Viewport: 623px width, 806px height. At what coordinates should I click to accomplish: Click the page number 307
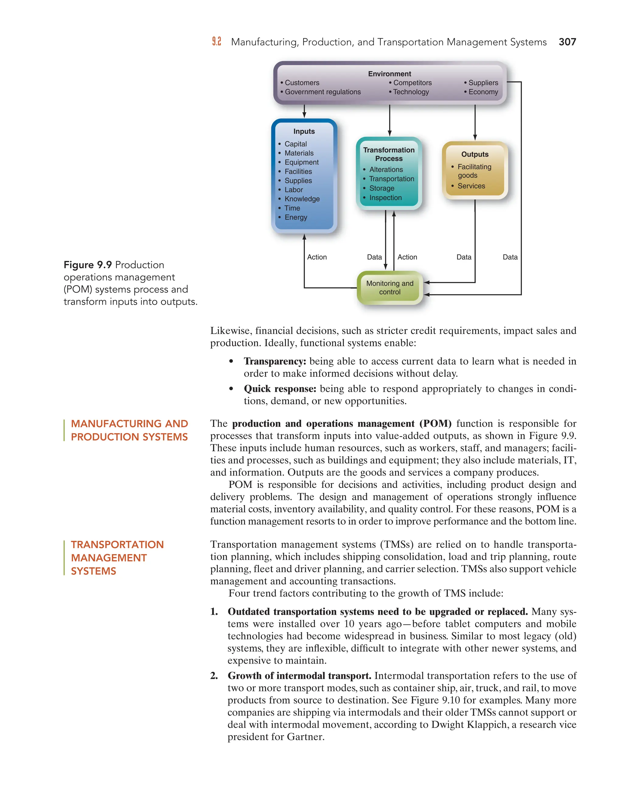click(x=567, y=42)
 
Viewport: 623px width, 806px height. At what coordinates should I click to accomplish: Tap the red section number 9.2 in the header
click(x=217, y=42)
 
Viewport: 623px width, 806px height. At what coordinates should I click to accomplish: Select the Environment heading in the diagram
click(x=389, y=74)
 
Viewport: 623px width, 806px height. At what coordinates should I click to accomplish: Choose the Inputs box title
click(x=304, y=131)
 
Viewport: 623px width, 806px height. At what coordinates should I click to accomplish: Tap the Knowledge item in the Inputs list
click(x=302, y=199)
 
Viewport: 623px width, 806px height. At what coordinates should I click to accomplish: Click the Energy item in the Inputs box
click(x=296, y=217)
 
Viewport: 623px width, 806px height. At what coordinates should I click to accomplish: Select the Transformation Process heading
click(x=389, y=154)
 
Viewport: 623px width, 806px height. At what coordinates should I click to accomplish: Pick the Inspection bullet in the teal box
click(x=385, y=198)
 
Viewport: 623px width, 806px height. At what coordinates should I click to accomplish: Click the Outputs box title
click(x=475, y=154)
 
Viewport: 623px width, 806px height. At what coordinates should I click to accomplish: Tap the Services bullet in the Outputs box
click(x=471, y=186)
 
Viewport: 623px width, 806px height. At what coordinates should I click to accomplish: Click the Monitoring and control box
click(x=390, y=287)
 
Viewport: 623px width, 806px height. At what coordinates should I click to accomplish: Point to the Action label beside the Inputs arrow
click(x=317, y=257)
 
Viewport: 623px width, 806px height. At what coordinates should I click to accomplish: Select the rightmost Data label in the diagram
click(x=510, y=257)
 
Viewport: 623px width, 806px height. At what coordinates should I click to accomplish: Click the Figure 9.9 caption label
click(x=88, y=265)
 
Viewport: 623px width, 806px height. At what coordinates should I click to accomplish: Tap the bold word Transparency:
click(x=275, y=361)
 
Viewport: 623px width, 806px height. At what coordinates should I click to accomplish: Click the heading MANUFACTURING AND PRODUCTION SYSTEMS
click(x=129, y=430)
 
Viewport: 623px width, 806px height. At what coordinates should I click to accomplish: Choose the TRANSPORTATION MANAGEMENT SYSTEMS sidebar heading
click(x=117, y=558)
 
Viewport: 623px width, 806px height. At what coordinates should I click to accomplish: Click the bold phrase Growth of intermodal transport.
click(x=299, y=676)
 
